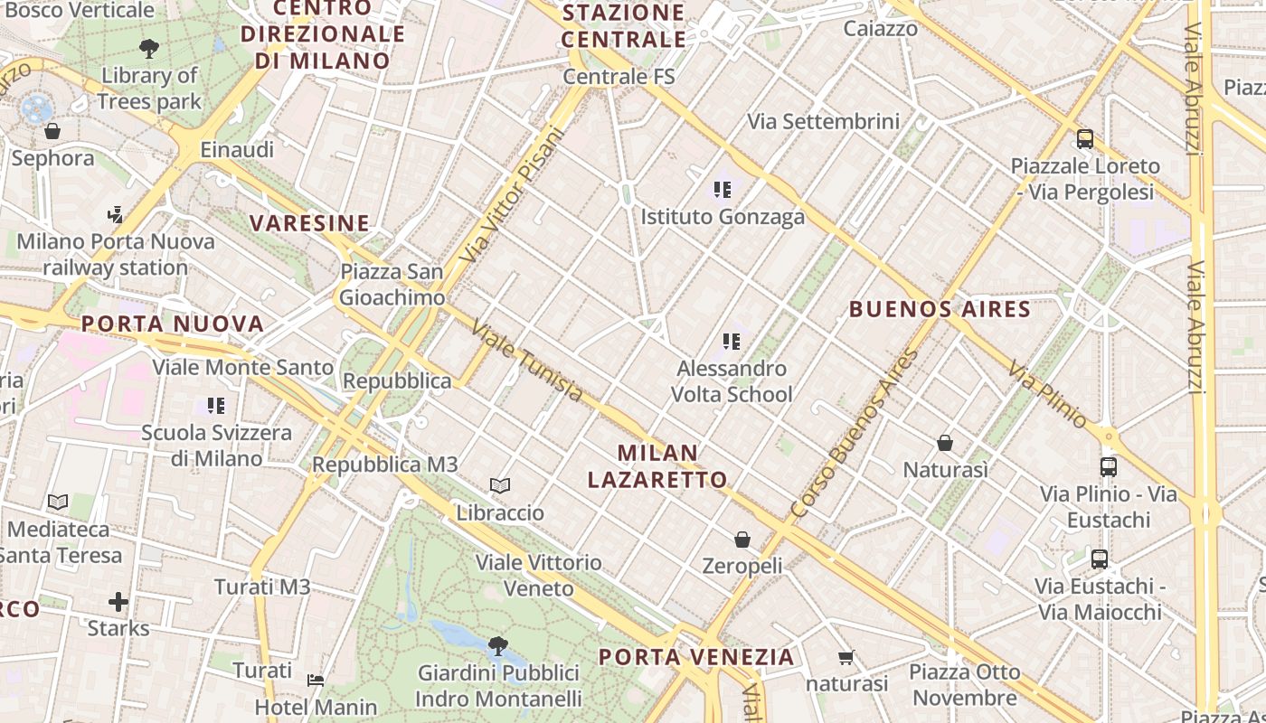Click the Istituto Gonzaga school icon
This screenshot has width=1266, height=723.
pyautogui.click(x=722, y=190)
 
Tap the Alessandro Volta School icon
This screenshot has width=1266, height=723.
pyautogui.click(x=732, y=342)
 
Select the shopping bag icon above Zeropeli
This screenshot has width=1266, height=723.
pyautogui.click(x=742, y=540)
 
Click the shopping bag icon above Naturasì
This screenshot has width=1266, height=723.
pyautogui.click(x=945, y=443)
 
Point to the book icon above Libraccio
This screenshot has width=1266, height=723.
pyautogui.click(x=500, y=486)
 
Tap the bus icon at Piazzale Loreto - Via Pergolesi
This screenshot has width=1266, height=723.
pyautogui.click(x=1085, y=139)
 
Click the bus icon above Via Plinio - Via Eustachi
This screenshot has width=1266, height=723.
pyautogui.click(x=1109, y=467)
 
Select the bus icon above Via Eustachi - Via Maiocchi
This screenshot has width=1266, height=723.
pyautogui.click(x=1100, y=559)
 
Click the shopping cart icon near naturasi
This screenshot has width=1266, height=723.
pyautogui.click(x=846, y=658)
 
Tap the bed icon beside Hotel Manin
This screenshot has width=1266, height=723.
pyautogui.click(x=315, y=680)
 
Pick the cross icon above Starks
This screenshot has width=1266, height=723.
pyautogui.click(x=118, y=602)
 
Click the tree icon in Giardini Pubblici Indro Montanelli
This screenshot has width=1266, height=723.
pyautogui.click(x=497, y=645)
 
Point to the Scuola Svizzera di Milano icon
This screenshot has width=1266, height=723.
pyautogui.click(x=216, y=406)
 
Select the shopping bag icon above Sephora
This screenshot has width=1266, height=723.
pyautogui.click(x=52, y=132)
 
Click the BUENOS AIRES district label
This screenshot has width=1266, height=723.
pyautogui.click(x=940, y=309)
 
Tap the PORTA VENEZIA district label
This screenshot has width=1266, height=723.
pyautogui.click(x=696, y=657)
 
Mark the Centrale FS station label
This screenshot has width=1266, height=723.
pyautogui.click(x=619, y=77)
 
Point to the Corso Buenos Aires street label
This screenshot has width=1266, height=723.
pyautogui.click(x=855, y=434)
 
